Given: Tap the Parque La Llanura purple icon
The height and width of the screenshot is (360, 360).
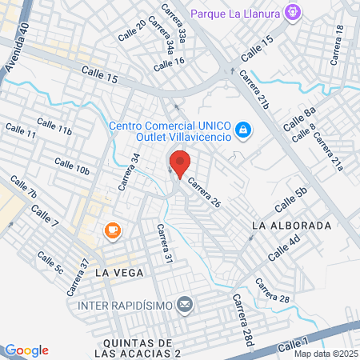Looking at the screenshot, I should point(294,11).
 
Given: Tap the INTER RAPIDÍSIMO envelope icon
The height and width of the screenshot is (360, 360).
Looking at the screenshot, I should point(186,304).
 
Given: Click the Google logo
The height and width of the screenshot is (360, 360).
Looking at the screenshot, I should point(26,350).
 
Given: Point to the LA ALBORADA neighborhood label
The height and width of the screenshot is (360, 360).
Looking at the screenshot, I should point(291,226).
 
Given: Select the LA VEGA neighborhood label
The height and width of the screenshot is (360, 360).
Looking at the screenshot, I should point(118,273).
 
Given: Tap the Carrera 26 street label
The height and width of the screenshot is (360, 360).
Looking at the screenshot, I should point(204,193).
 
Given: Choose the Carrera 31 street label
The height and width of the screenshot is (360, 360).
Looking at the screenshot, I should point(165,244).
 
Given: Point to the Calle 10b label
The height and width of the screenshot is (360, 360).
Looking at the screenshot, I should point(72,166).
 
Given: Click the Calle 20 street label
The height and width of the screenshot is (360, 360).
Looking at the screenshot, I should point(132,30).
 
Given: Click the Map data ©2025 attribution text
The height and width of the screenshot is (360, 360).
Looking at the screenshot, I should point(326,354).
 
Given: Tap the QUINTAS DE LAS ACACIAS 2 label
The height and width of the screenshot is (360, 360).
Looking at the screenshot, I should point(133,348).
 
